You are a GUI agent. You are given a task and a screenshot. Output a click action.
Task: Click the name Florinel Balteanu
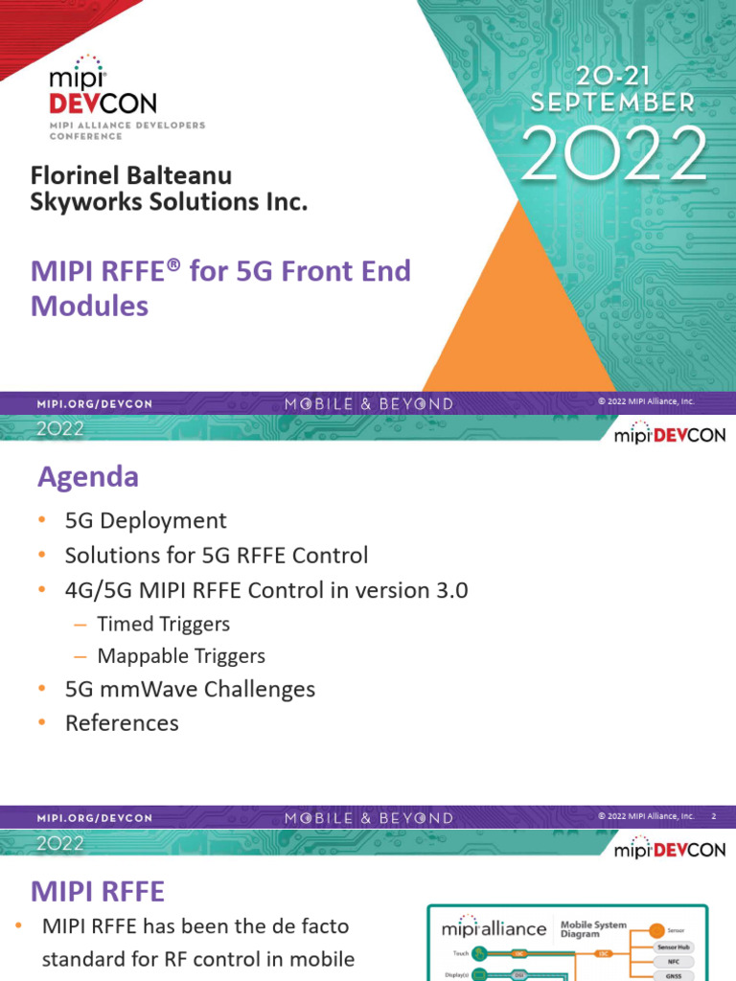(131, 176)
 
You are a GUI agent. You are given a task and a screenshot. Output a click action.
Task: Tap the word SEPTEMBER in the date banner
(622, 103)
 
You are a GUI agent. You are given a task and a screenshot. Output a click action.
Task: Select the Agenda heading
(87, 476)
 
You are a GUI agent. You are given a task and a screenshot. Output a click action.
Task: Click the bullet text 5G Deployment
(146, 521)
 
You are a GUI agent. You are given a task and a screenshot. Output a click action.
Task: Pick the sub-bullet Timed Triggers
(164, 625)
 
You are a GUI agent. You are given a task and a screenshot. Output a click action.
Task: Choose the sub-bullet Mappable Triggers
(181, 656)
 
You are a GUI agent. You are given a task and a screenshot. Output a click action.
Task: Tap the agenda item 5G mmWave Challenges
(190, 689)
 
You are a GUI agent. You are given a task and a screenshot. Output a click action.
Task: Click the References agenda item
(122, 723)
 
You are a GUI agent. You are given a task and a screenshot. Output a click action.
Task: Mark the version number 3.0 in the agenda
(451, 590)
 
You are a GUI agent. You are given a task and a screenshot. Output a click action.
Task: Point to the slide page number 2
(713, 816)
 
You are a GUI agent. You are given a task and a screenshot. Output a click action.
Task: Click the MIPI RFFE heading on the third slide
(98, 892)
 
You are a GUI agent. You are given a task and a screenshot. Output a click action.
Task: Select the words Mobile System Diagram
(594, 929)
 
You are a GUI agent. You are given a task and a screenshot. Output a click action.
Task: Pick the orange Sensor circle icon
(656, 929)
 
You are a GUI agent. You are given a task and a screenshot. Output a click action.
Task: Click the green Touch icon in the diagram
(478, 953)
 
